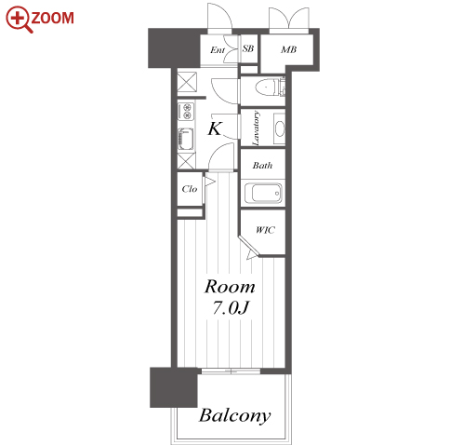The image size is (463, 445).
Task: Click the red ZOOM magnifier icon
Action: [19, 20]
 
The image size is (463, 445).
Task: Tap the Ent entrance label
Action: [218, 50]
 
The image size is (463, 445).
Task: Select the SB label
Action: [248, 48]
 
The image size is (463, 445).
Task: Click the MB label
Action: [288, 49]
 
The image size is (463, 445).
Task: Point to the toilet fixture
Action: [271, 87]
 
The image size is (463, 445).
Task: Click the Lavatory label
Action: [256, 128]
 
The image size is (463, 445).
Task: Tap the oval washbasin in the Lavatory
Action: [280, 128]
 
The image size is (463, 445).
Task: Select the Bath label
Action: [262, 165]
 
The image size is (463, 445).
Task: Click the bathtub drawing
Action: [263, 193]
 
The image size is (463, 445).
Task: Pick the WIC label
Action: [265, 230]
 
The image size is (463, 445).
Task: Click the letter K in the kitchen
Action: [215, 128]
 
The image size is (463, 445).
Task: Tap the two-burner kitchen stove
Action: [186, 111]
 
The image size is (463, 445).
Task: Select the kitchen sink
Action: [186, 139]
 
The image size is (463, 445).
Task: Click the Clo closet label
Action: [190, 189]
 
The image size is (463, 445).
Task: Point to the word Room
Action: [230, 287]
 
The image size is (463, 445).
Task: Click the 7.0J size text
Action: [231, 308]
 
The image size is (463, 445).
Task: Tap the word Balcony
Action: [235, 415]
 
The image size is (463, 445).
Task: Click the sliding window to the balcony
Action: [231, 371]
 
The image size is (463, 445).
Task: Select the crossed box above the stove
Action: [187, 82]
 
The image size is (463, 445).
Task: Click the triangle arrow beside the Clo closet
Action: [209, 182]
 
